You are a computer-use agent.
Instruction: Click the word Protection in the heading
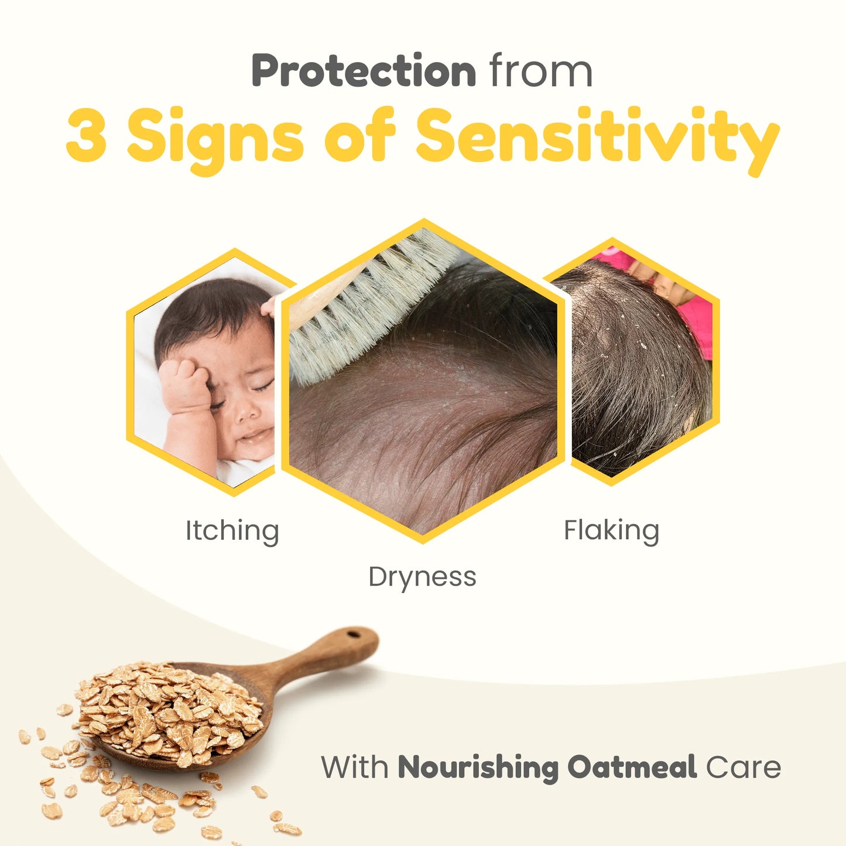pos(364,70)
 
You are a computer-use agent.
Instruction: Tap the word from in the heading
pos(542,70)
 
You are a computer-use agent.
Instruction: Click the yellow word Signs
pos(215,139)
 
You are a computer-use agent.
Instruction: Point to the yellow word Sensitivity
pos(598,139)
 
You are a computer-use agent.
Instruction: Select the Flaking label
pos(612,532)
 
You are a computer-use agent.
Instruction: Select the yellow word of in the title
pos(360,134)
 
